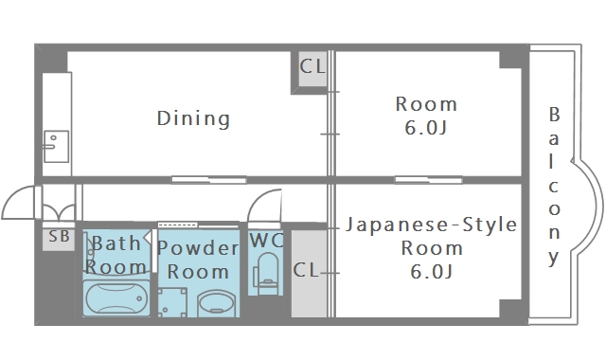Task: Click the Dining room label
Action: (x=193, y=118)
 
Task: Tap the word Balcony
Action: (x=555, y=186)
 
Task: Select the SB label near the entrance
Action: (x=59, y=237)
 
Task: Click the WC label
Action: (x=266, y=240)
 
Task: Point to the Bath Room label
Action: (x=117, y=255)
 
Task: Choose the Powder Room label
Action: (x=198, y=260)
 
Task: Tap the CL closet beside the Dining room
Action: (x=312, y=67)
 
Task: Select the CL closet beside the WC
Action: (x=306, y=270)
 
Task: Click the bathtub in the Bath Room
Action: (x=117, y=297)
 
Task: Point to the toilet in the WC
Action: (x=266, y=273)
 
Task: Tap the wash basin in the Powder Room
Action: (x=219, y=304)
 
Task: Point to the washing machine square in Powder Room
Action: (x=173, y=302)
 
